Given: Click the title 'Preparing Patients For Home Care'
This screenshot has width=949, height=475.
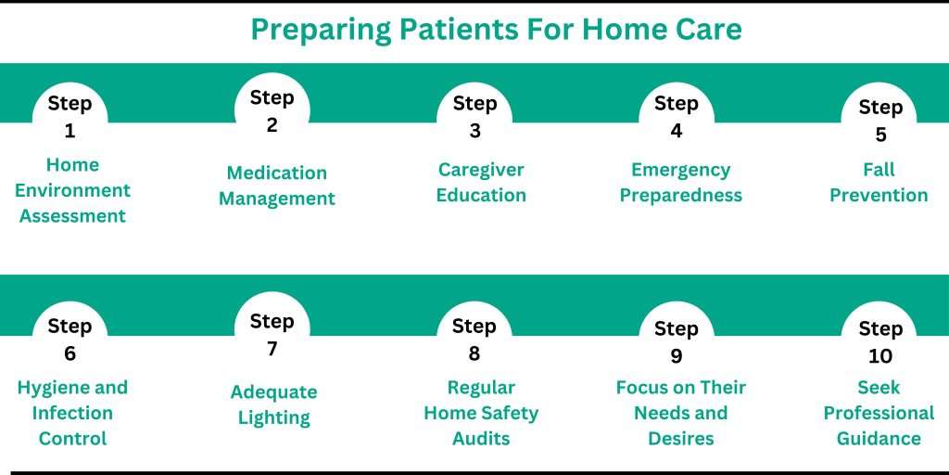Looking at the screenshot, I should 496,30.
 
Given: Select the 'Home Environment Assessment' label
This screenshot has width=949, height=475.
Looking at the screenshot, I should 73,190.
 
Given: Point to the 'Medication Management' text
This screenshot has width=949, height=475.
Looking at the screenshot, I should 277,186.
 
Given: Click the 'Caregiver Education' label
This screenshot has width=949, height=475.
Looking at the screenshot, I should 481,183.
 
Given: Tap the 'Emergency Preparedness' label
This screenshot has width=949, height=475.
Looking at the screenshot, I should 681,183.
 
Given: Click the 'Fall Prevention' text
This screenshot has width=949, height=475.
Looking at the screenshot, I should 879,183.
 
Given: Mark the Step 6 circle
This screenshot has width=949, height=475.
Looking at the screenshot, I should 70,339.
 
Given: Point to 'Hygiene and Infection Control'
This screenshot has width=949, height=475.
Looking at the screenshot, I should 73,413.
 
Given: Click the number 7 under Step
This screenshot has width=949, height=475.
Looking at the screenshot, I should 272,349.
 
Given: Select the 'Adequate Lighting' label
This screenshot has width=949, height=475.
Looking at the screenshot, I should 274,404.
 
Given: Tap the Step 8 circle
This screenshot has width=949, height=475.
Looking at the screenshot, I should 474,339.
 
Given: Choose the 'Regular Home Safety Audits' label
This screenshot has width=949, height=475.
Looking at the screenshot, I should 481,413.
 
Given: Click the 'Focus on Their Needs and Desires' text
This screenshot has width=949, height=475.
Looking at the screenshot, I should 681,413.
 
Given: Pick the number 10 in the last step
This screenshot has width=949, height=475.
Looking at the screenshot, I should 879,356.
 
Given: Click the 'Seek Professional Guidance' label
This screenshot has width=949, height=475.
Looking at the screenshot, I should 879,413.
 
